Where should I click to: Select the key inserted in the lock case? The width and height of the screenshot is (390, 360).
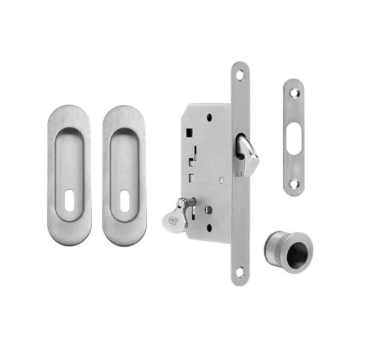(x=174, y=216)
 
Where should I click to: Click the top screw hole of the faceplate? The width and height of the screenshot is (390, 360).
(x=240, y=74)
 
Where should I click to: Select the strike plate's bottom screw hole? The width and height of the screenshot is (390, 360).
(x=293, y=184)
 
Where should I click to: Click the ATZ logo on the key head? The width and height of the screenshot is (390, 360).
(x=173, y=220)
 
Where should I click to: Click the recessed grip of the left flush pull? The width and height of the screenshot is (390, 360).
(x=69, y=161)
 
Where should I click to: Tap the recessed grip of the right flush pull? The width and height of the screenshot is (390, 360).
(x=124, y=161)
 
